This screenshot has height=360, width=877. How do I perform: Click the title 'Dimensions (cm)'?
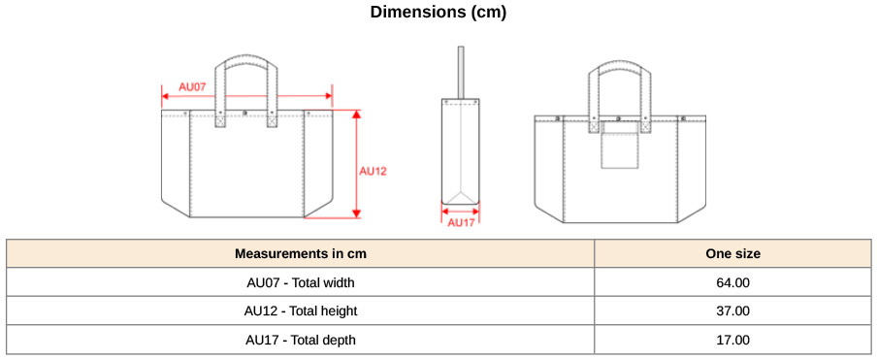pyautogui.click(x=438, y=12)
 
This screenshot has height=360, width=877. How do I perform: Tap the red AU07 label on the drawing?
pyautogui.click(x=192, y=87)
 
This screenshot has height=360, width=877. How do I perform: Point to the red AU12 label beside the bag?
pyautogui.click(x=373, y=172)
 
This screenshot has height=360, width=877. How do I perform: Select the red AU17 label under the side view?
pyautogui.click(x=461, y=222)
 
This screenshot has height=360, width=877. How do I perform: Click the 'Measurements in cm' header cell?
pyautogui.click(x=301, y=253)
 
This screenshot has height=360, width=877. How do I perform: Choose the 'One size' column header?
pyautogui.click(x=732, y=253)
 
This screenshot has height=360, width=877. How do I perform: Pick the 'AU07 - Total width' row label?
pyautogui.click(x=301, y=282)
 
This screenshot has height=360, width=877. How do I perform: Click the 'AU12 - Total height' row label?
pyautogui.click(x=301, y=311)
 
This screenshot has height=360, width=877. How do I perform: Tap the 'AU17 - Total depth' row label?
pyautogui.click(x=301, y=340)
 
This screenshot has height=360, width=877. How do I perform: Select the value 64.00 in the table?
pyautogui.click(x=732, y=282)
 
